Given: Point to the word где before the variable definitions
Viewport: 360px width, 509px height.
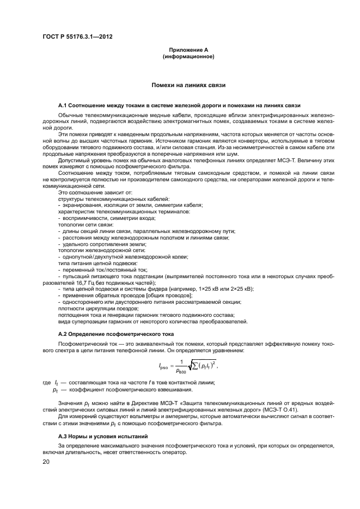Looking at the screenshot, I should (46, 383).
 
